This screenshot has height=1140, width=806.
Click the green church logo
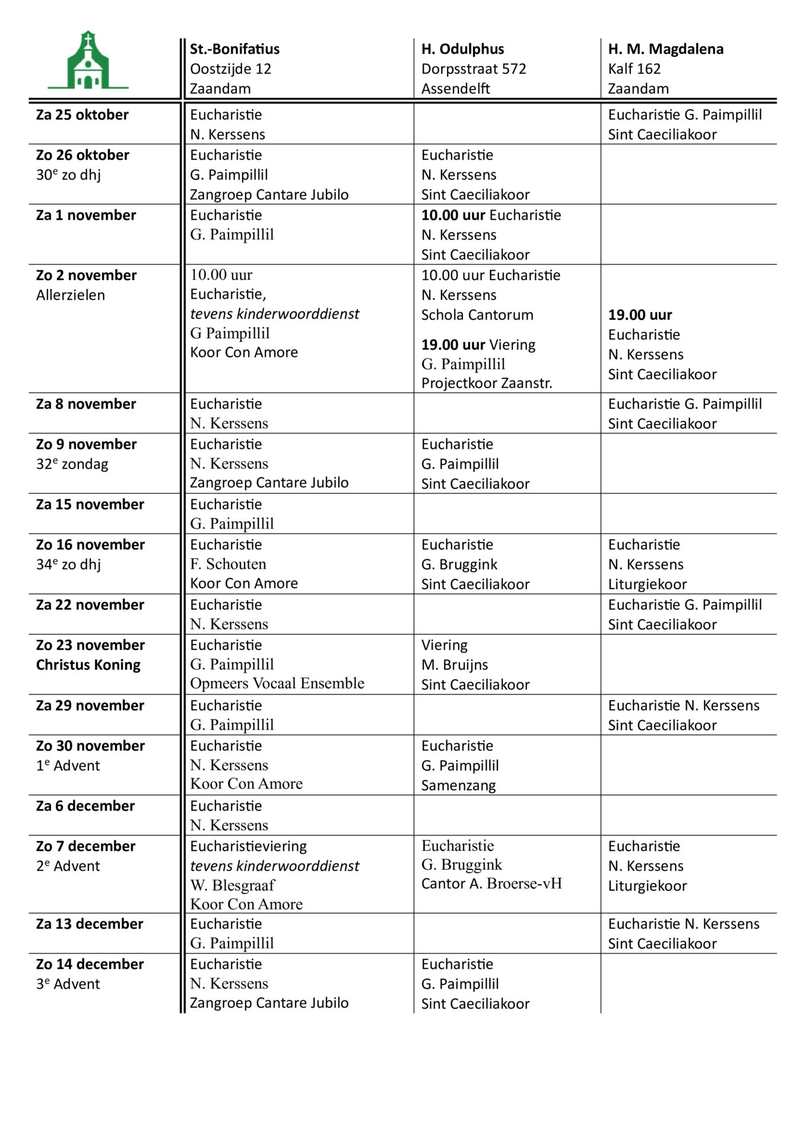88,61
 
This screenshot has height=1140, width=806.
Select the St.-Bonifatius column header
234,49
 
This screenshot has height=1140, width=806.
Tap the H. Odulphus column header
462,49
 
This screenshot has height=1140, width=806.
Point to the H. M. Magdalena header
665,49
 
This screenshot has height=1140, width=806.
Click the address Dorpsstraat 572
473,69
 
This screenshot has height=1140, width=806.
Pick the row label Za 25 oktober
82,115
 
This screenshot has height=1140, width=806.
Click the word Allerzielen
70,295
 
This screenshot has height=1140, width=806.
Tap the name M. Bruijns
455,664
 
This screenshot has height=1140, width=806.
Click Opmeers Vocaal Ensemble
277,683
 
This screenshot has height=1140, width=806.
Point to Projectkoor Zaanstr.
486,383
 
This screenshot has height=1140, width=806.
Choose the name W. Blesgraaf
232,885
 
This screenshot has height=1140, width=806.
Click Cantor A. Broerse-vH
491,883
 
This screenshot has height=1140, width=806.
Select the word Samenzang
458,786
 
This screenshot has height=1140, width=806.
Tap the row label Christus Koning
88,665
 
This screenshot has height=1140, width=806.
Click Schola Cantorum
477,315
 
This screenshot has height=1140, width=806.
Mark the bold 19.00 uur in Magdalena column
640,315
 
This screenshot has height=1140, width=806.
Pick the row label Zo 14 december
90,964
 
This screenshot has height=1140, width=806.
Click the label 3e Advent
68,984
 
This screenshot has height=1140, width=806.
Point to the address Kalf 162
634,69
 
